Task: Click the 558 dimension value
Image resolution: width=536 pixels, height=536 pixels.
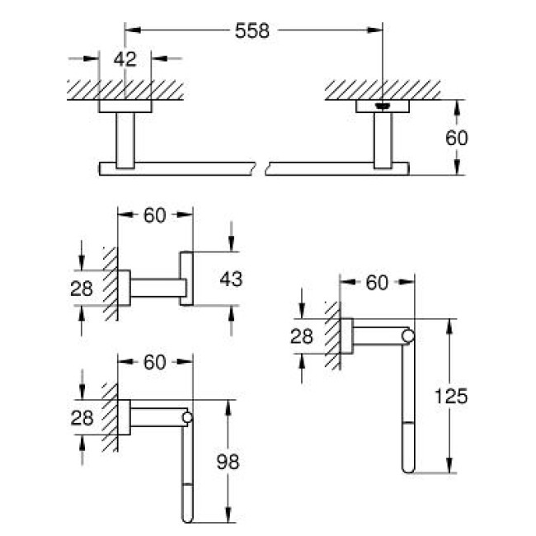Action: click(252, 31)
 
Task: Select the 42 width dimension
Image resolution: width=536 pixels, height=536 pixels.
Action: click(126, 59)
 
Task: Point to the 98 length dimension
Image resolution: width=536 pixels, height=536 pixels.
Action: click(227, 462)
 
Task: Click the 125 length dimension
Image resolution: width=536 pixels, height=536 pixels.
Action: click(451, 396)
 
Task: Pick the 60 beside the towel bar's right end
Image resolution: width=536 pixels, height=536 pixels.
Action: click(456, 138)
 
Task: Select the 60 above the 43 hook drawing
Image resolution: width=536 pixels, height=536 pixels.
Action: click(155, 215)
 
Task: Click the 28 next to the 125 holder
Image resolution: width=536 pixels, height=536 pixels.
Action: click(304, 336)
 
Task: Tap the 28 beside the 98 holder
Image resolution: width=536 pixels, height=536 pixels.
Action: click(82, 417)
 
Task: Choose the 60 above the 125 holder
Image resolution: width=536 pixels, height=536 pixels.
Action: click(377, 283)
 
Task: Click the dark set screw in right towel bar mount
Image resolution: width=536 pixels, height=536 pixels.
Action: click(382, 106)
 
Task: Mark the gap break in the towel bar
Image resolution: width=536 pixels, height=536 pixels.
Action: click(262, 169)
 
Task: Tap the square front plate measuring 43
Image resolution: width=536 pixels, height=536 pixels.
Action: click(186, 278)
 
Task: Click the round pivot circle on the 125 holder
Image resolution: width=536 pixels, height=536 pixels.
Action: click(407, 336)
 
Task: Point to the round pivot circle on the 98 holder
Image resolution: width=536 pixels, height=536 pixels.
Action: click(186, 418)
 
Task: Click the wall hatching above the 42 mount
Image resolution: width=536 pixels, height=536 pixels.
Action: click(125, 89)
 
